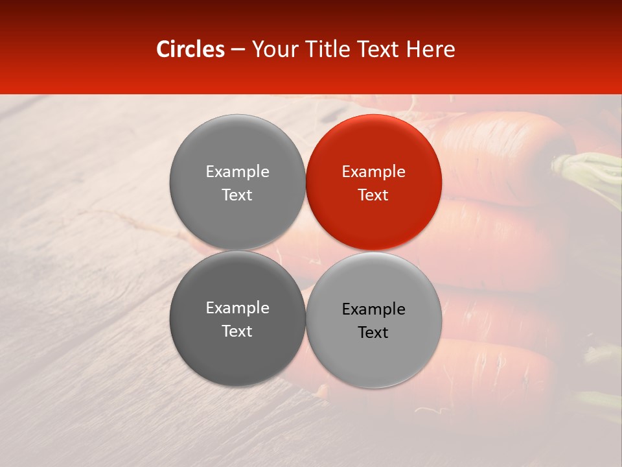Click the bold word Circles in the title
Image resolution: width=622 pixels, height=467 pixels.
click(190, 49)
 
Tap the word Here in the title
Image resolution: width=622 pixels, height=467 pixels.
click(431, 49)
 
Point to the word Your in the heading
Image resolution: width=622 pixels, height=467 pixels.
click(273, 49)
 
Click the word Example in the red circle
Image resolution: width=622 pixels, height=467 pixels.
click(373, 172)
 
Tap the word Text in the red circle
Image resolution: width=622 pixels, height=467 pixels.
click(373, 195)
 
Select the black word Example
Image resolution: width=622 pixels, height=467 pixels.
click(373, 309)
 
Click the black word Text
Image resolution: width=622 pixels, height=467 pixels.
click(373, 333)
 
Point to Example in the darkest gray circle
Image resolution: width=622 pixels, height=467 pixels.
click(237, 308)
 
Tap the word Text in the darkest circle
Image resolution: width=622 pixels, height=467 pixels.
click(237, 331)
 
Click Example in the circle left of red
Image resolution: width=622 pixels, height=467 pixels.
click(237, 172)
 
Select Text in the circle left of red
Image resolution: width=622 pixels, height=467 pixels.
click(237, 195)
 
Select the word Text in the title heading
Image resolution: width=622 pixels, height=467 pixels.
click(378, 49)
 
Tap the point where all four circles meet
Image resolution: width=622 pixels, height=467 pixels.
click(305, 250)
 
